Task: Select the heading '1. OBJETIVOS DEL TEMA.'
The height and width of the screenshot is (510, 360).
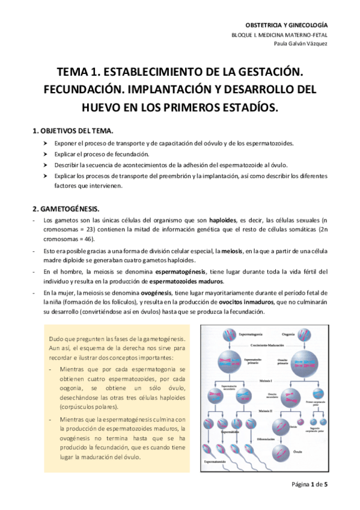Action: [72, 131]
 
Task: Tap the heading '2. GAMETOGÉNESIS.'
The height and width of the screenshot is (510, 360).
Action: [66, 208]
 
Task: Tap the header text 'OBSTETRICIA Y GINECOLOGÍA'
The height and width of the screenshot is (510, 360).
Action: [288, 25]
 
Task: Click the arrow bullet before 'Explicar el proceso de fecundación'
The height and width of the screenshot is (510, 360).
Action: [44, 155]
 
